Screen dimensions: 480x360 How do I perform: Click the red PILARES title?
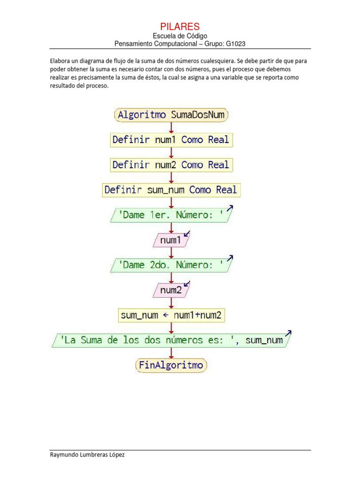tap(180, 26)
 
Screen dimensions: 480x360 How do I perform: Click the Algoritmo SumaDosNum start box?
tap(171, 115)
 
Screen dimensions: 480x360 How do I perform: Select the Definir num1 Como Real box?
tap(171, 140)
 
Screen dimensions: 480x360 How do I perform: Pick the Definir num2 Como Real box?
tap(171, 165)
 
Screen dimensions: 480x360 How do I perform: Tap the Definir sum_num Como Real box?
tap(171, 190)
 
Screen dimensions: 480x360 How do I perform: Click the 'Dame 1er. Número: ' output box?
tap(171, 215)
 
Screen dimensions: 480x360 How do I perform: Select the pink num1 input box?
tap(171, 240)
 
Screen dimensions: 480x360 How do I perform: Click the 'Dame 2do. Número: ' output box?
tap(171, 265)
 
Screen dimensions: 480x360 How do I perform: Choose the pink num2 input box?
tap(171, 290)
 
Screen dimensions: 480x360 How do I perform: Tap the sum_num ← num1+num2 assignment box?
tap(171, 315)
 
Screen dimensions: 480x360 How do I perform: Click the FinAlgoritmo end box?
tap(171, 365)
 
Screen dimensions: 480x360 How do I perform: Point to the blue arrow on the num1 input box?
tap(187, 233)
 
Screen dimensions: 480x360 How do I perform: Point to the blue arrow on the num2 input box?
tap(187, 283)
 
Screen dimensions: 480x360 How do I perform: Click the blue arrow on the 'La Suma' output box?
tap(288, 333)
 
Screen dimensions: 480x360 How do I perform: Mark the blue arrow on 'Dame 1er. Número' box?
tap(230, 208)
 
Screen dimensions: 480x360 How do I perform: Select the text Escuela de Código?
tap(180, 36)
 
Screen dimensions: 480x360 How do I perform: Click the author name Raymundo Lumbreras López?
tap(87, 455)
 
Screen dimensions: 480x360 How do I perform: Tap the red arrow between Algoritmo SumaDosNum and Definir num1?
tap(172, 127)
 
